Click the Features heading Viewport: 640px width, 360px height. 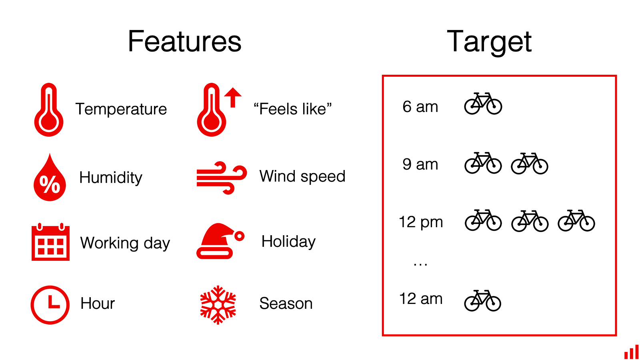[x=184, y=42]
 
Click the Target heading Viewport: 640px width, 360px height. [x=489, y=42]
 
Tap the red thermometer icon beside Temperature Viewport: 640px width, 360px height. [x=49, y=110]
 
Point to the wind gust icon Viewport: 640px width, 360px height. [x=221, y=178]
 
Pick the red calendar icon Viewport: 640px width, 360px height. [x=50, y=242]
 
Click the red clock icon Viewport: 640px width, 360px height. [x=50, y=304]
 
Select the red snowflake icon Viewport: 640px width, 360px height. [x=218, y=304]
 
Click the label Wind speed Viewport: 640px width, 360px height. [x=302, y=176]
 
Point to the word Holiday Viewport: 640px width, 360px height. [x=288, y=242]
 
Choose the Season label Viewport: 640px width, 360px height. [x=286, y=304]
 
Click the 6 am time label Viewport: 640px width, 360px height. [x=420, y=107]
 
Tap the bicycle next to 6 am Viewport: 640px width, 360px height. [x=483, y=104]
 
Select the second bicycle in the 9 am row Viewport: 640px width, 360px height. [x=530, y=163]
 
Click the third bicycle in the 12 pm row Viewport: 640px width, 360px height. [x=576, y=220]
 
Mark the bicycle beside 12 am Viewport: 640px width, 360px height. [x=482, y=300]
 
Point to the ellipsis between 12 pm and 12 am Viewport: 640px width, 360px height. [x=420, y=264]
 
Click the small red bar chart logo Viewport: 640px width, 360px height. [x=631, y=352]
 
